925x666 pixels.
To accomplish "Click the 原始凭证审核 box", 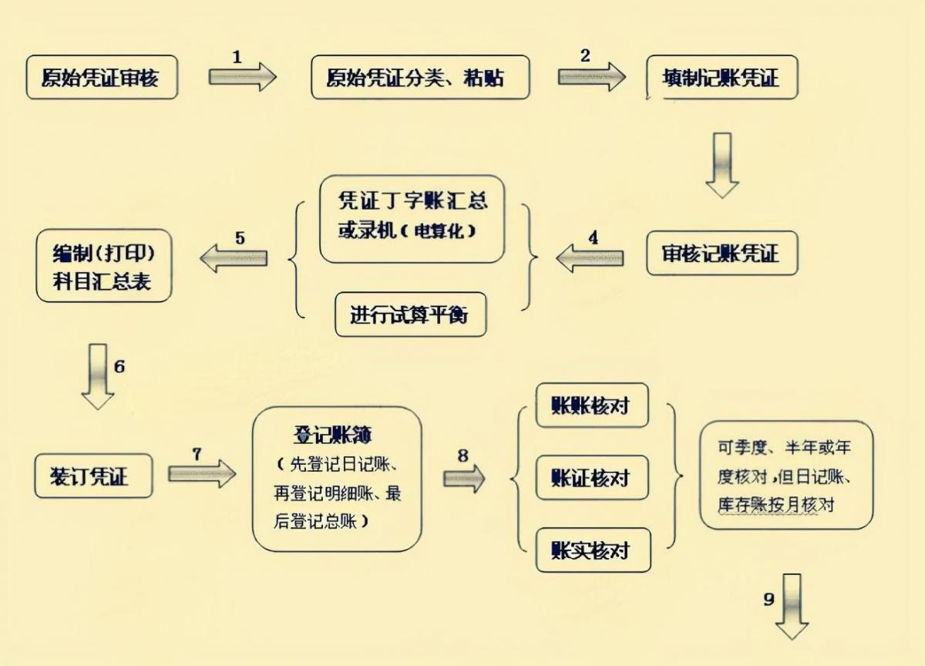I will coord(102,77).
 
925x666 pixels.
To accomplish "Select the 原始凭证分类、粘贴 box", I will coord(420,77).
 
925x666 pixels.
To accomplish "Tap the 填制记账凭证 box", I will coord(721,78).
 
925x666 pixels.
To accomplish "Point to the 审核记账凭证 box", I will coord(721,254).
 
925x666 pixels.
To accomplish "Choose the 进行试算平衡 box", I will coord(411,314).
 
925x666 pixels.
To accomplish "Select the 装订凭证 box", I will coord(93,476).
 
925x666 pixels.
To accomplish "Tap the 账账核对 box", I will coord(592,405).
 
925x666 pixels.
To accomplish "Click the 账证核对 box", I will coord(592,478).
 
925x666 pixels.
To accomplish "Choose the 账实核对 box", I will coord(592,550).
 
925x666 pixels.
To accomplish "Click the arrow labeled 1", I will coord(242,77).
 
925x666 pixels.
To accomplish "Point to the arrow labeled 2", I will coord(591,77).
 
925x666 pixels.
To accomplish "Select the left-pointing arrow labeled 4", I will coord(590,257).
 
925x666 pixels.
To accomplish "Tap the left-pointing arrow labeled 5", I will coord(234,257).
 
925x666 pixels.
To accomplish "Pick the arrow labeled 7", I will coord(201,473).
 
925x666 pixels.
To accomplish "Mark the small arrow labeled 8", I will coord(464,479).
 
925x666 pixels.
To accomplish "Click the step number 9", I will coord(769,599).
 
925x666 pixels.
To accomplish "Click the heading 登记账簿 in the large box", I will coord(331,435).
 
